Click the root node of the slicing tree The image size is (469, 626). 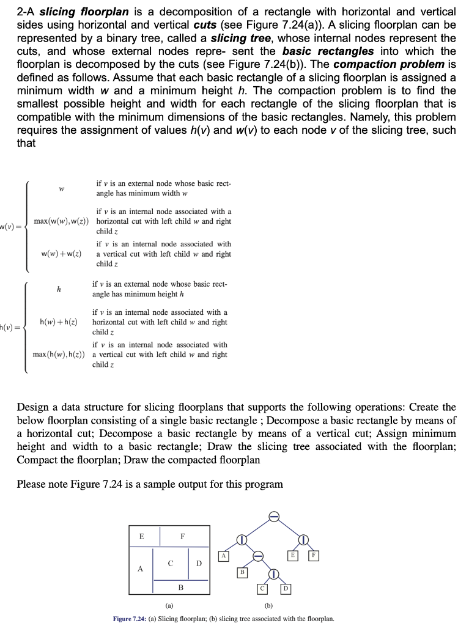tap(275, 517)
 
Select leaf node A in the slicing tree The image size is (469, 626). tap(224, 556)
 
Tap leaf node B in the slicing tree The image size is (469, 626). tap(242, 572)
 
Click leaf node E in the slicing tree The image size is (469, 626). tap(294, 556)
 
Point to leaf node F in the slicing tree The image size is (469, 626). tap(315, 556)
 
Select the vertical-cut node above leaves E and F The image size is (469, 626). tap(304, 539)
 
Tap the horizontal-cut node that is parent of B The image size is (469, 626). tap(258, 556)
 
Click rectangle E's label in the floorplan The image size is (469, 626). tap(142, 536)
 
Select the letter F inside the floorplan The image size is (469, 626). tap(182, 536)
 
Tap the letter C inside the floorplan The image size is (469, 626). tap(171, 562)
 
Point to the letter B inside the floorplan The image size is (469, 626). tap(180, 587)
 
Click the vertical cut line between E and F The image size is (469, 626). tap(160, 536)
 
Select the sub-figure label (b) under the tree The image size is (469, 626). tap(268, 606)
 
